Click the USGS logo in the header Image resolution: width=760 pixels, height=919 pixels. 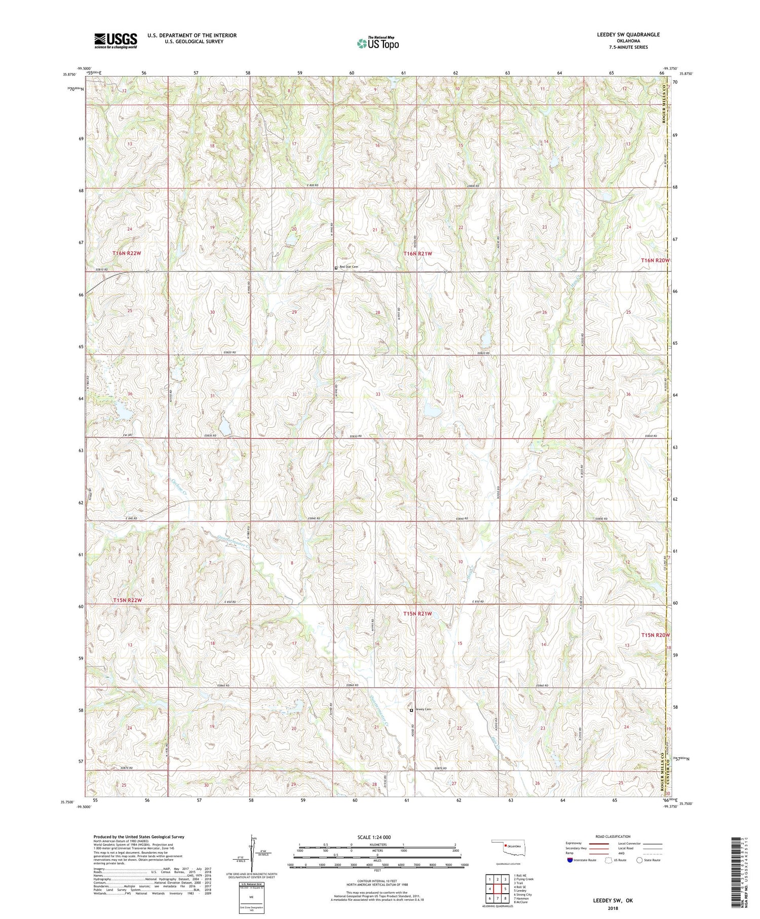115,41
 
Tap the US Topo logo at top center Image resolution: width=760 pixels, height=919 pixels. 377,43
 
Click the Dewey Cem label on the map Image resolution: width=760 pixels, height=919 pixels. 423,709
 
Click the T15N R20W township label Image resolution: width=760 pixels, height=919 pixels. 655,635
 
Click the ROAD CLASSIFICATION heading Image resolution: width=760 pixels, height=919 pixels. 613,836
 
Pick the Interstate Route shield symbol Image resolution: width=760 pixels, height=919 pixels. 571,860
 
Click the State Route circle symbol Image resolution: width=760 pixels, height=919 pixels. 639,860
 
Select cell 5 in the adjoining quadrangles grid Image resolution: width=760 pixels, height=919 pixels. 505,889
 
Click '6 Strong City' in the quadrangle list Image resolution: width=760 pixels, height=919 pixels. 523,895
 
